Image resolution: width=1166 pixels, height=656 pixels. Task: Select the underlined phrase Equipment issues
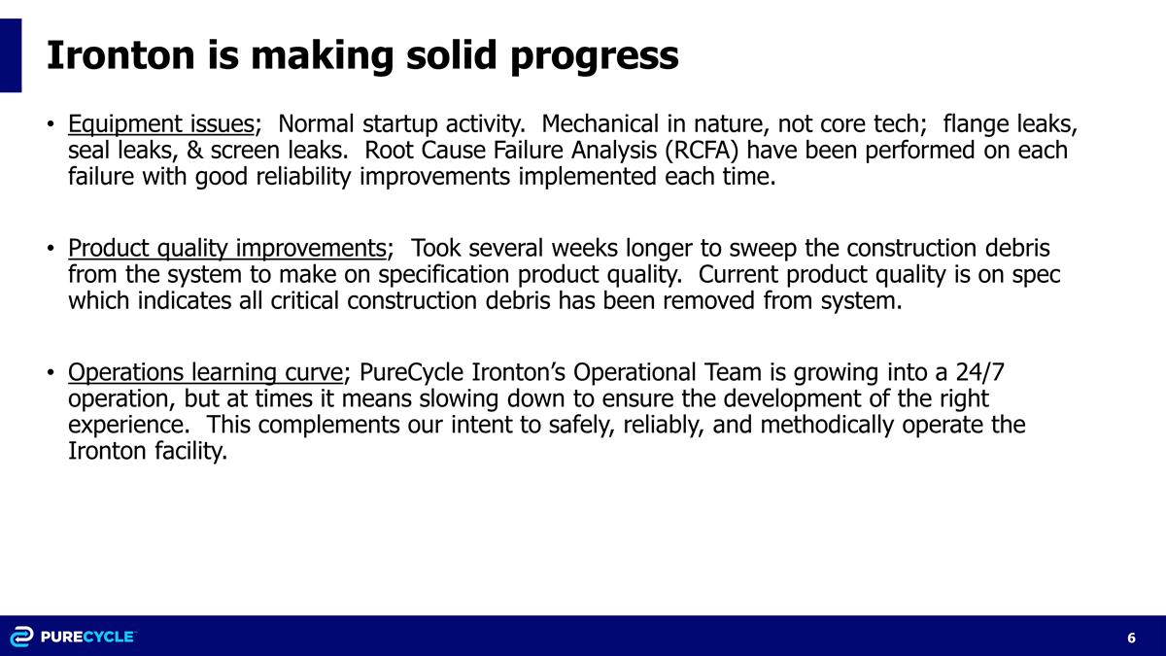[x=160, y=124]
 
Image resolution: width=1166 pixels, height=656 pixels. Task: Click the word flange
[x=975, y=124]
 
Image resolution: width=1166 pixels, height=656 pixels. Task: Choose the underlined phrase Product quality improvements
[x=226, y=248]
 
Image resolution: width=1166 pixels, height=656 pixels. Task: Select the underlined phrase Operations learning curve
[x=205, y=372]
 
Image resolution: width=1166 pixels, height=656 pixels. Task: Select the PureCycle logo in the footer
[x=73, y=637]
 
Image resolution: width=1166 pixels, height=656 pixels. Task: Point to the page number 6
[x=1132, y=638]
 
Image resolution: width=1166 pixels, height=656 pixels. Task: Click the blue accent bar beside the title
[x=11, y=55]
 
